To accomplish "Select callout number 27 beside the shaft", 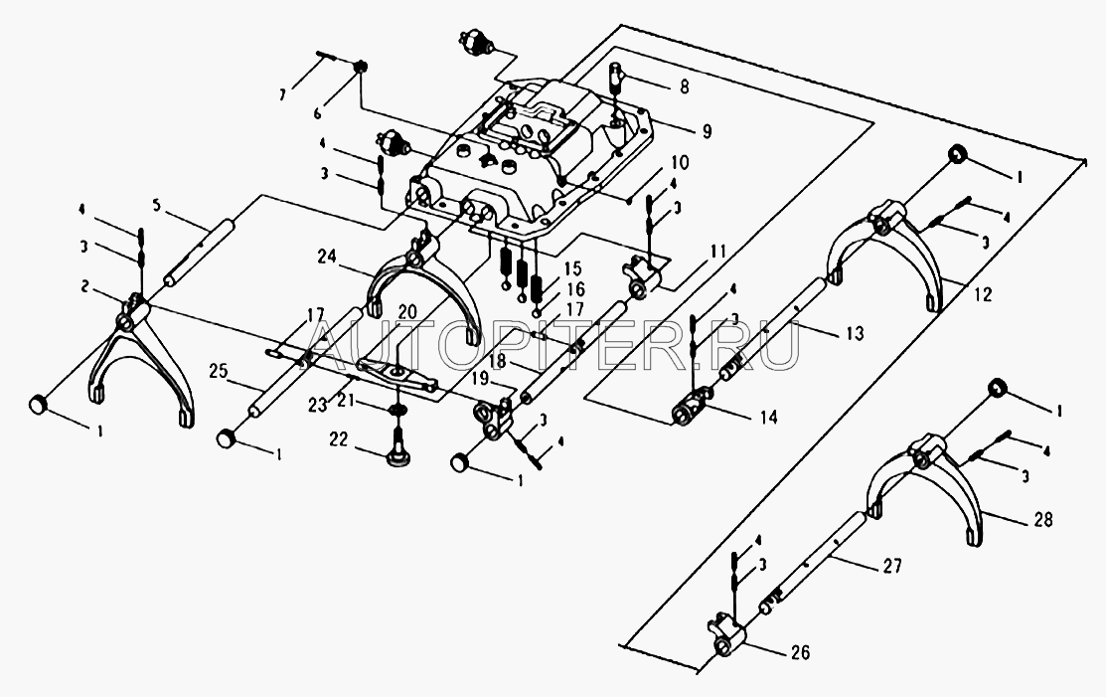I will tap(890, 567).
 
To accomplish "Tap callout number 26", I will tap(801, 653).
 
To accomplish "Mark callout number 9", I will tap(705, 130).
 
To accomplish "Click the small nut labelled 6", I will tap(363, 68).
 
